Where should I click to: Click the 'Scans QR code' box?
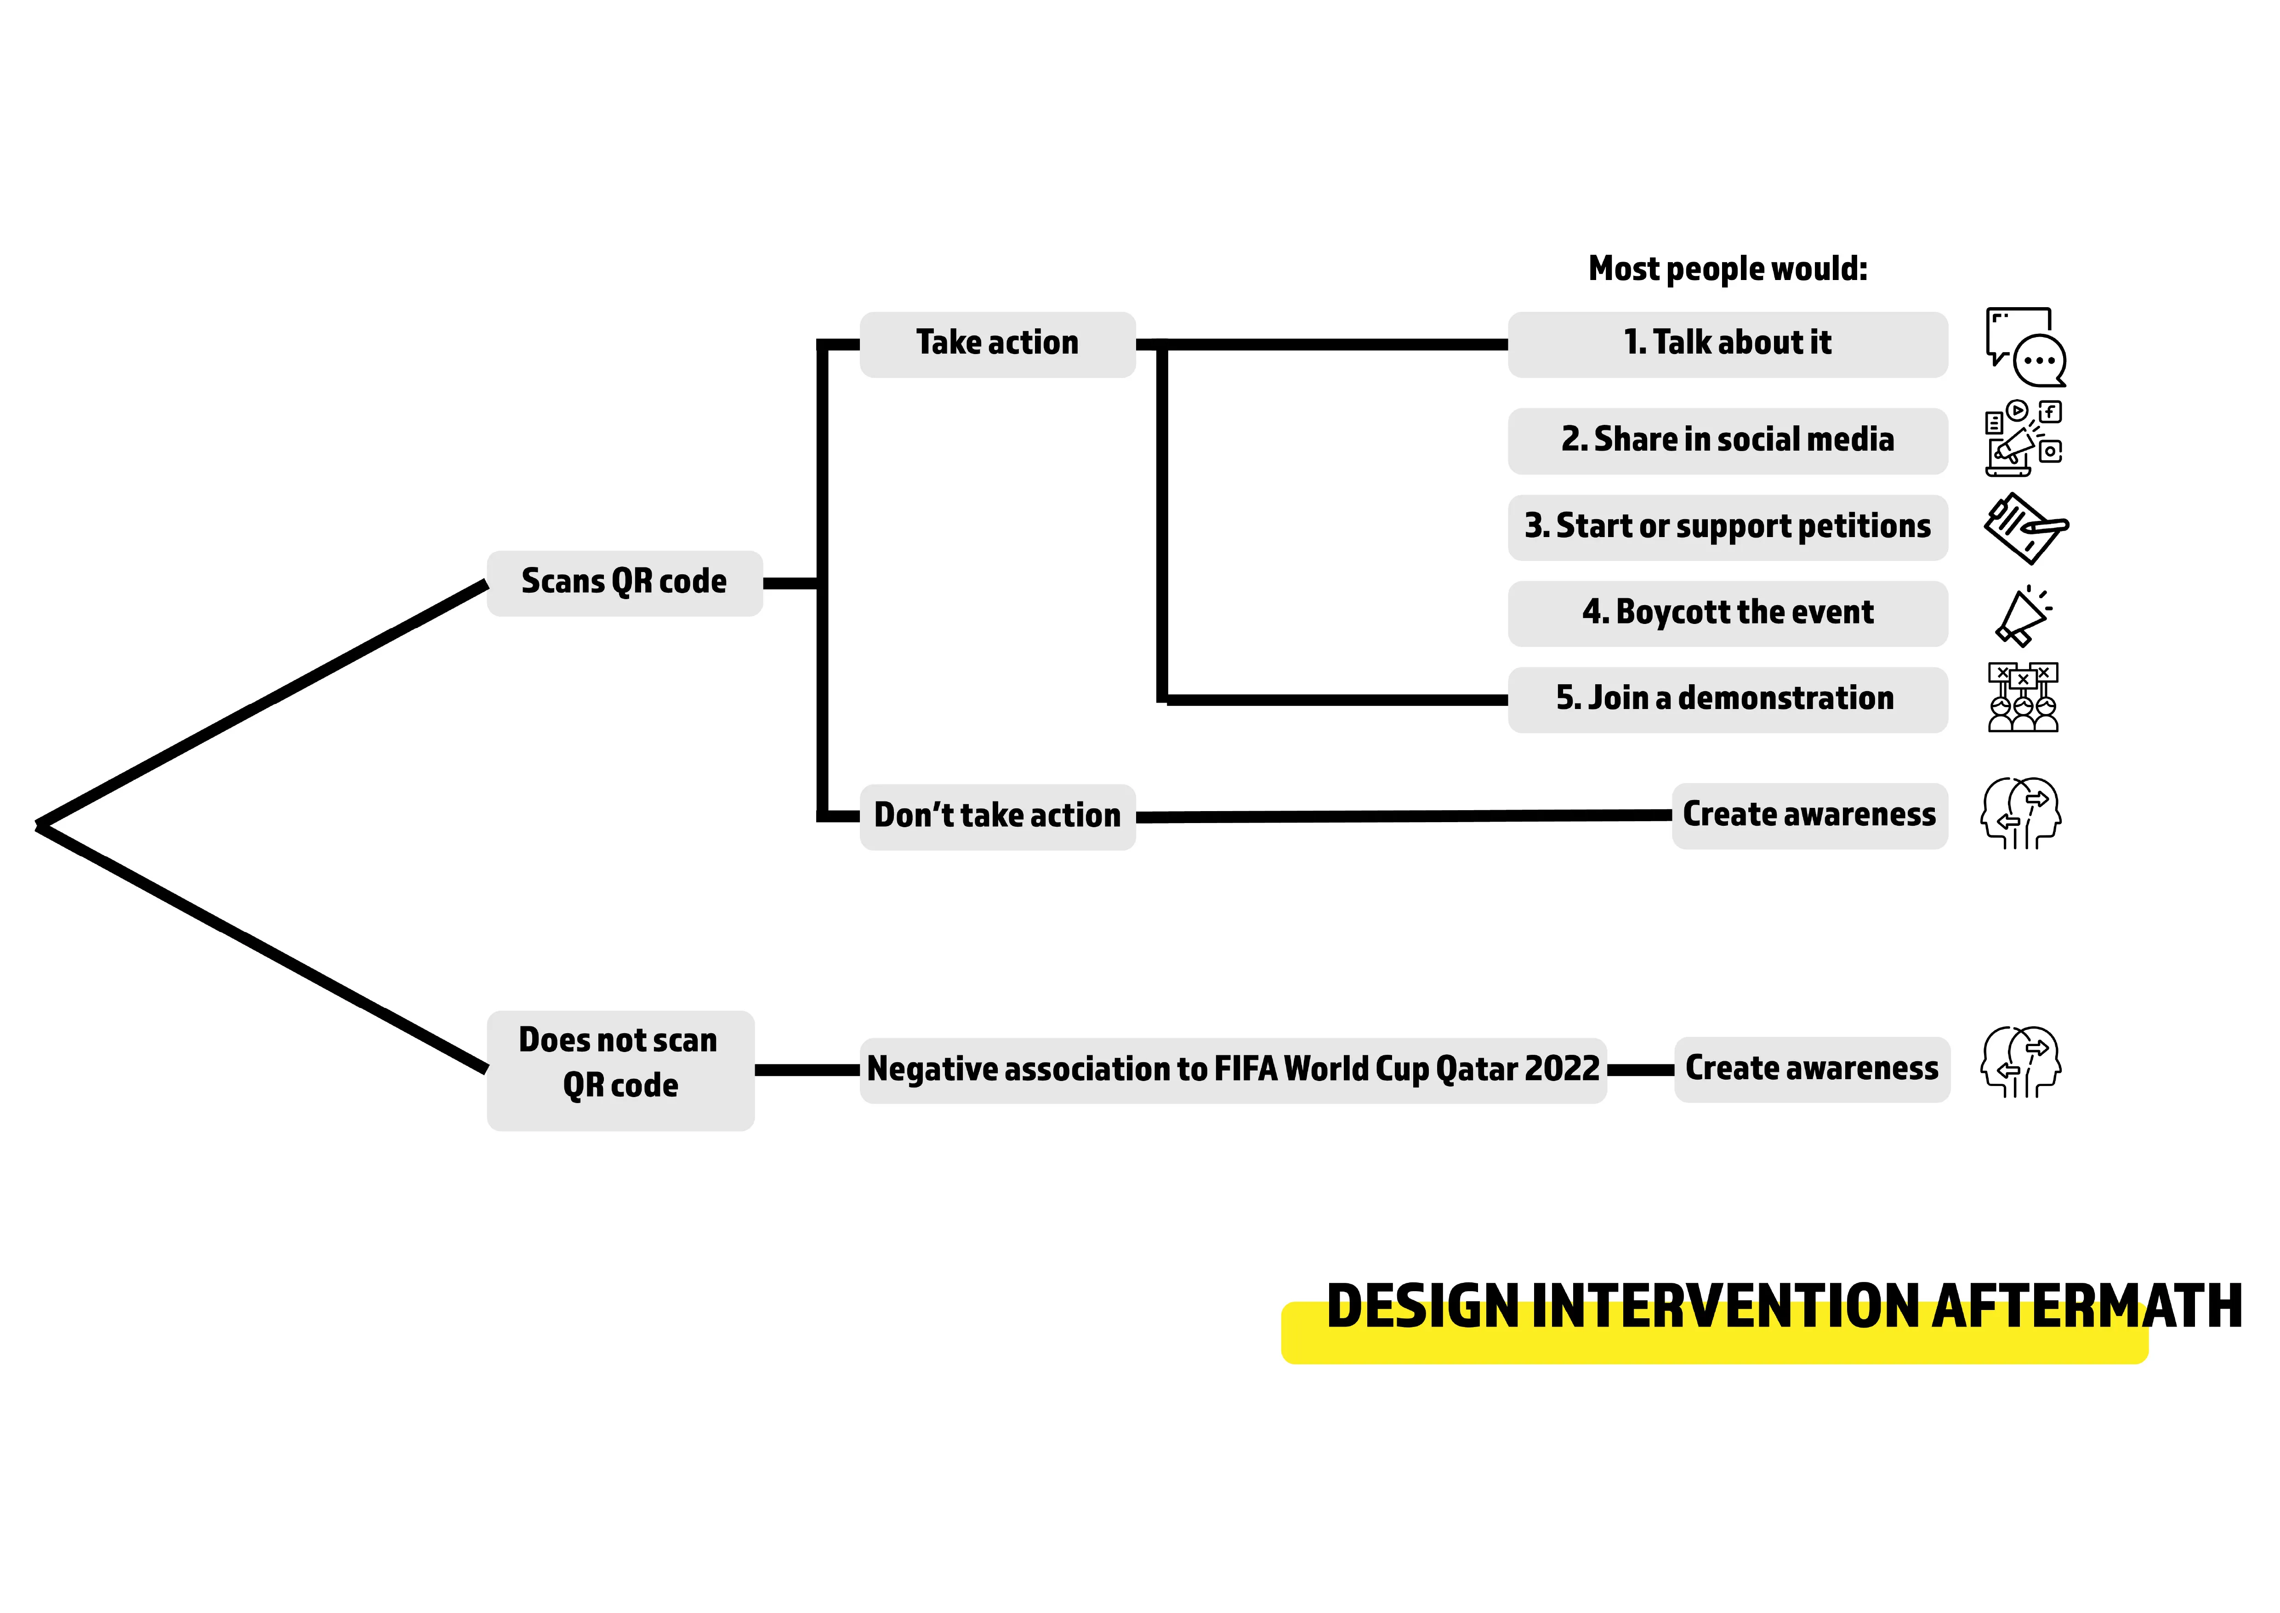[624, 583]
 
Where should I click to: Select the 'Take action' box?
[997, 343]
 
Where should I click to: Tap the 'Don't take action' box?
[997, 817]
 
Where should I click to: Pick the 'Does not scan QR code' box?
[620, 1070]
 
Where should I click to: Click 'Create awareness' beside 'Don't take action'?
[1809, 815]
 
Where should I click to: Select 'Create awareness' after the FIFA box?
[1811, 1069]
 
